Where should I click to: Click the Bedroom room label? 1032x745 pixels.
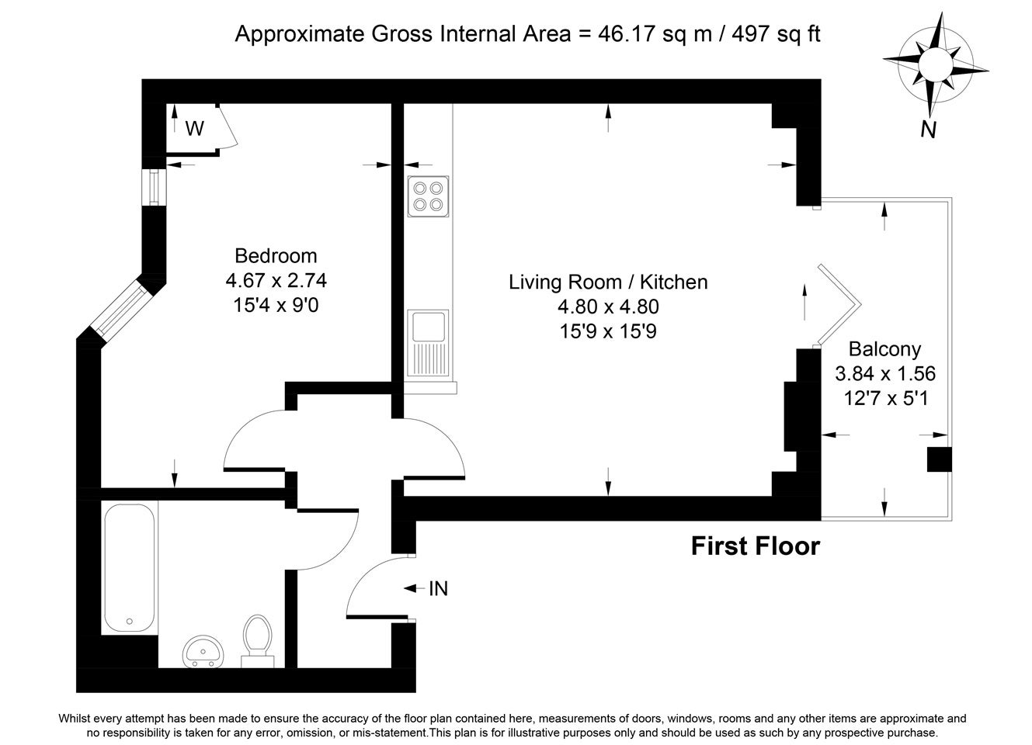click(x=276, y=255)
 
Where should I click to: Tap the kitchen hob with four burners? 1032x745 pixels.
click(x=428, y=196)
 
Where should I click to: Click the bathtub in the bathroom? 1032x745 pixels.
click(x=130, y=568)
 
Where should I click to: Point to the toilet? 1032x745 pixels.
click(x=258, y=641)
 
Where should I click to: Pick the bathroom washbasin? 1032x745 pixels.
click(x=203, y=652)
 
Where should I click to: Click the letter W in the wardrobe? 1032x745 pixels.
click(x=194, y=129)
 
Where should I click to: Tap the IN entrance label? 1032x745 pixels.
click(x=438, y=588)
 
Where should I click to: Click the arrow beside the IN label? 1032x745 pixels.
click(x=414, y=588)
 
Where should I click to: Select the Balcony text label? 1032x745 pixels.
click(x=884, y=348)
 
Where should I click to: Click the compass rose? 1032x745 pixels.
click(x=935, y=64)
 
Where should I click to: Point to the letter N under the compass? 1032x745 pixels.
click(x=929, y=130)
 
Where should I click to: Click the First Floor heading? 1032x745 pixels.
click(x=756, y=546)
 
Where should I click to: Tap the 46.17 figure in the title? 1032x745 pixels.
click(x=626, y=33)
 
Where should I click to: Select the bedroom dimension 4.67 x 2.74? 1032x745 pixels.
click(x=276, y=280)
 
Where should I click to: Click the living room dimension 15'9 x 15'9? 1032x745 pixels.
click(x=608, y=331)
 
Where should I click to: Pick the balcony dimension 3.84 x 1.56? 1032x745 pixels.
click(x=885, y=373)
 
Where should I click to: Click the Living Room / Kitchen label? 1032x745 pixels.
click(x=608, y=282)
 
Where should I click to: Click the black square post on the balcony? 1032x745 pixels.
click(x=940, y=459)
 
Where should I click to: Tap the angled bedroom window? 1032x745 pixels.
click(x=120, y=308)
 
